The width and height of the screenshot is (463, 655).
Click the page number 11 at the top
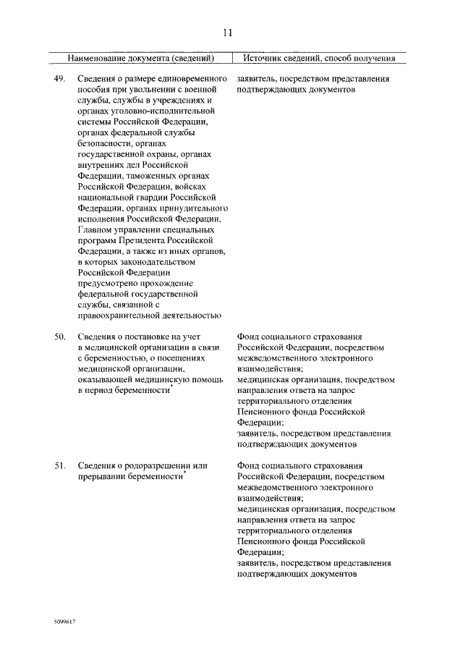[x=227, y=32]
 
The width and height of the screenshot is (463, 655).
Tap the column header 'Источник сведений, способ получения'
[x=319, y=57]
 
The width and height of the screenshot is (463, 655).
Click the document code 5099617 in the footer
[x=64, y=622]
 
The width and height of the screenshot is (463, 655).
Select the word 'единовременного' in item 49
[x=191, y=78]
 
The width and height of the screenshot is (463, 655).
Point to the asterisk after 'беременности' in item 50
[x=171, y=388]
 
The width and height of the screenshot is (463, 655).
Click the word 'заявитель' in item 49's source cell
[x=256, y=78]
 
